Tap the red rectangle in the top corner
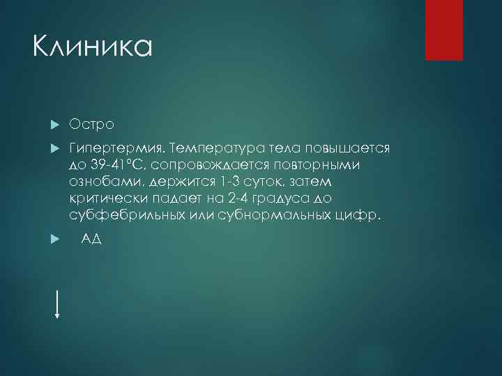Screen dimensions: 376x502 point(444,30)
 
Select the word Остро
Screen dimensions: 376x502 point(92,123)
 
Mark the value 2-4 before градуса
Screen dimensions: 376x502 point(238,199)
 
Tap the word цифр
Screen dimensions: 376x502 point(362,216)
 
